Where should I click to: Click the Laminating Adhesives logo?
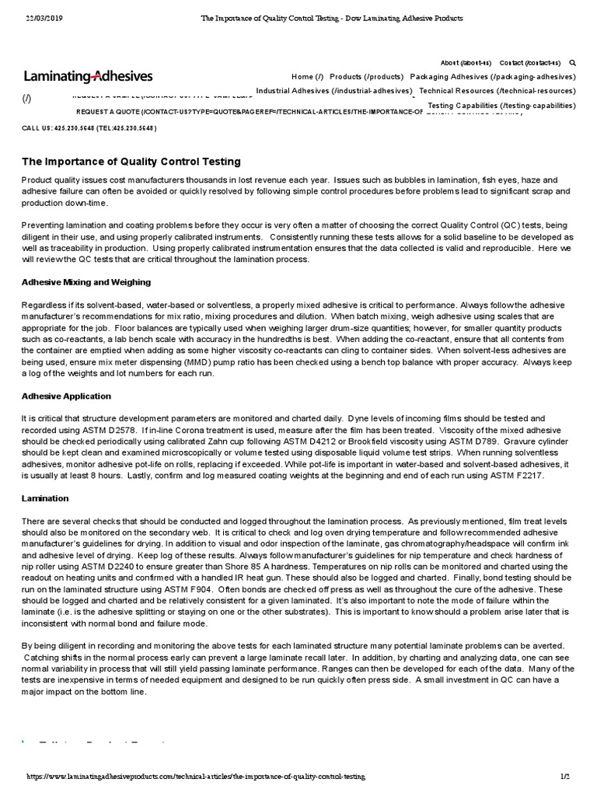click(88, 76)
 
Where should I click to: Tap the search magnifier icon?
click(573, 63)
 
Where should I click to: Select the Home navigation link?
click(307, 77)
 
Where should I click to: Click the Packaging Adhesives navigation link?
click(492, 77)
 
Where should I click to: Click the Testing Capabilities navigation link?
click(501, 105)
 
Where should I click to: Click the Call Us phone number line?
click(89, 127)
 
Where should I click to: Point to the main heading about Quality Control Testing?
click(131, 162)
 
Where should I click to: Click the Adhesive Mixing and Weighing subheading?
click(86, 282)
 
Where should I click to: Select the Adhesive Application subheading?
click(66, 396)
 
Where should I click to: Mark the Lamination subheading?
click(46, 497)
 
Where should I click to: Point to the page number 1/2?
click(565, 777)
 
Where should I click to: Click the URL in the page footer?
click(196, 777)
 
